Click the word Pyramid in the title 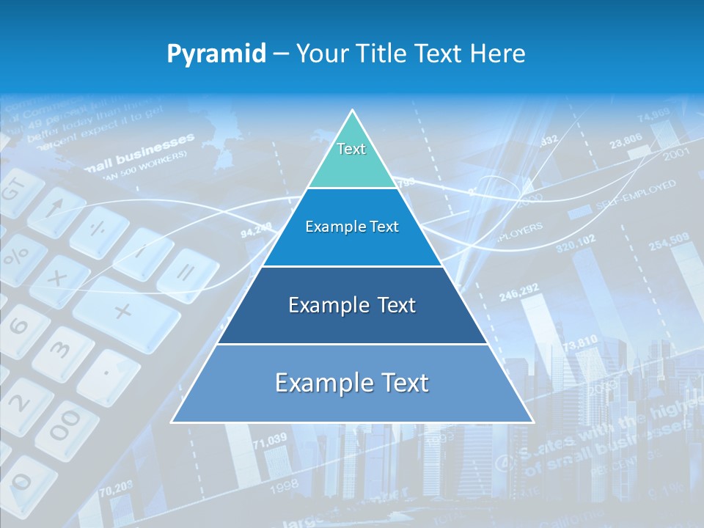click(216, 54)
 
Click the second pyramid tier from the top click(352, 227)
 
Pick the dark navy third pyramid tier click(352, 305)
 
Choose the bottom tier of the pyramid click(352, 384)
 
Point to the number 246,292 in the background click(518, 291)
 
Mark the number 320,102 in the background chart click(576, 243)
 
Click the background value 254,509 click(668, 241)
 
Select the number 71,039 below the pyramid click(269, 441)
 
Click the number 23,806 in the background click(625, 139)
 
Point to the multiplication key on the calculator click(59, 279)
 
